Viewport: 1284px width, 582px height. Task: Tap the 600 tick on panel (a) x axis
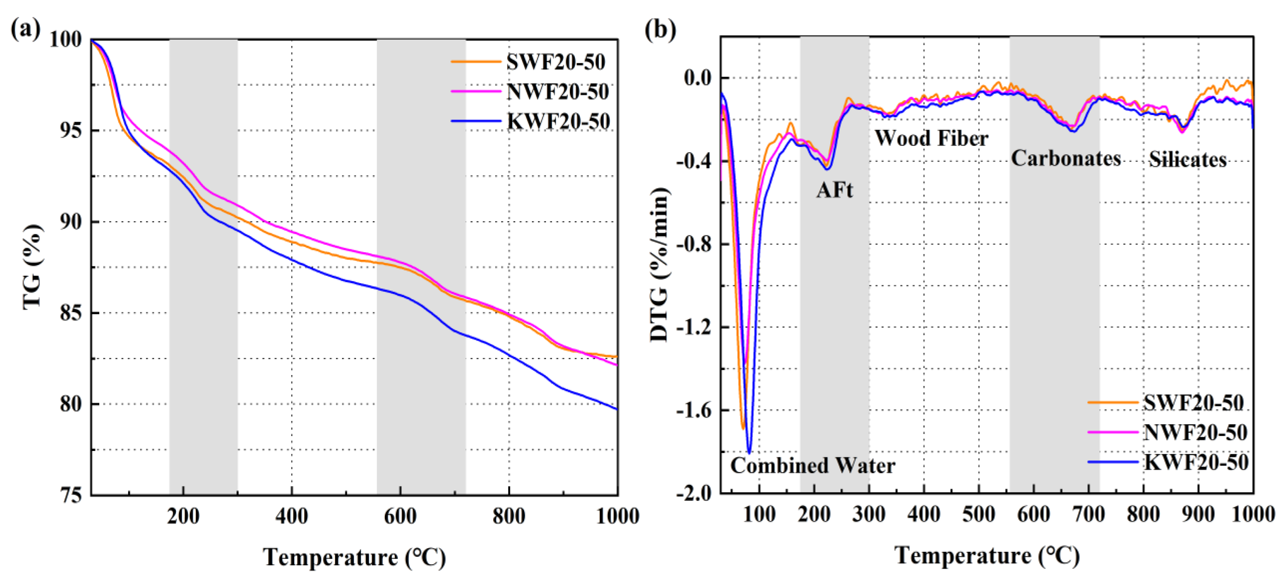tap(400, 516)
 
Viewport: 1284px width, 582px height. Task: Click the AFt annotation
tap(834, 190)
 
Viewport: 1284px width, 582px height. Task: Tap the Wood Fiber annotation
tap(931, 138)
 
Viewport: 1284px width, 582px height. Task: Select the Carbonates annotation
tap(1066, 159)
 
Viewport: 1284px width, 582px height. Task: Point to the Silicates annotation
tap(1187, 160)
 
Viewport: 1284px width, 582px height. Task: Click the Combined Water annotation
tap(813, 466)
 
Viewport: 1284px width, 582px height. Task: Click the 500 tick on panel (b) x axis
tap(978, 514)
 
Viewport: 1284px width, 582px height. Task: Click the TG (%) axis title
tap(33, 267)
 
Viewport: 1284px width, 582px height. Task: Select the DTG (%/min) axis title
tap(659, 264)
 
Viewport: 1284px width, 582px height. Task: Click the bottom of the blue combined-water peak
tap(749, 452)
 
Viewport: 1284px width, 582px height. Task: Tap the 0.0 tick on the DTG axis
tap(697, 78)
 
